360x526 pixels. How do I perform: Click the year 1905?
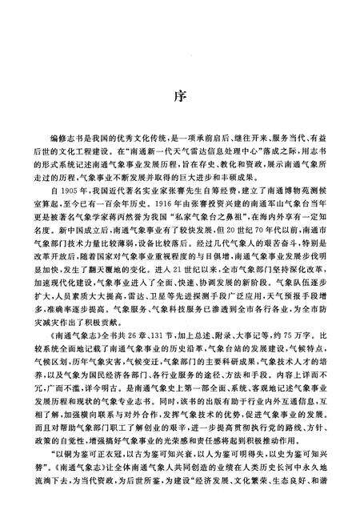click(x=78, y=193)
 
